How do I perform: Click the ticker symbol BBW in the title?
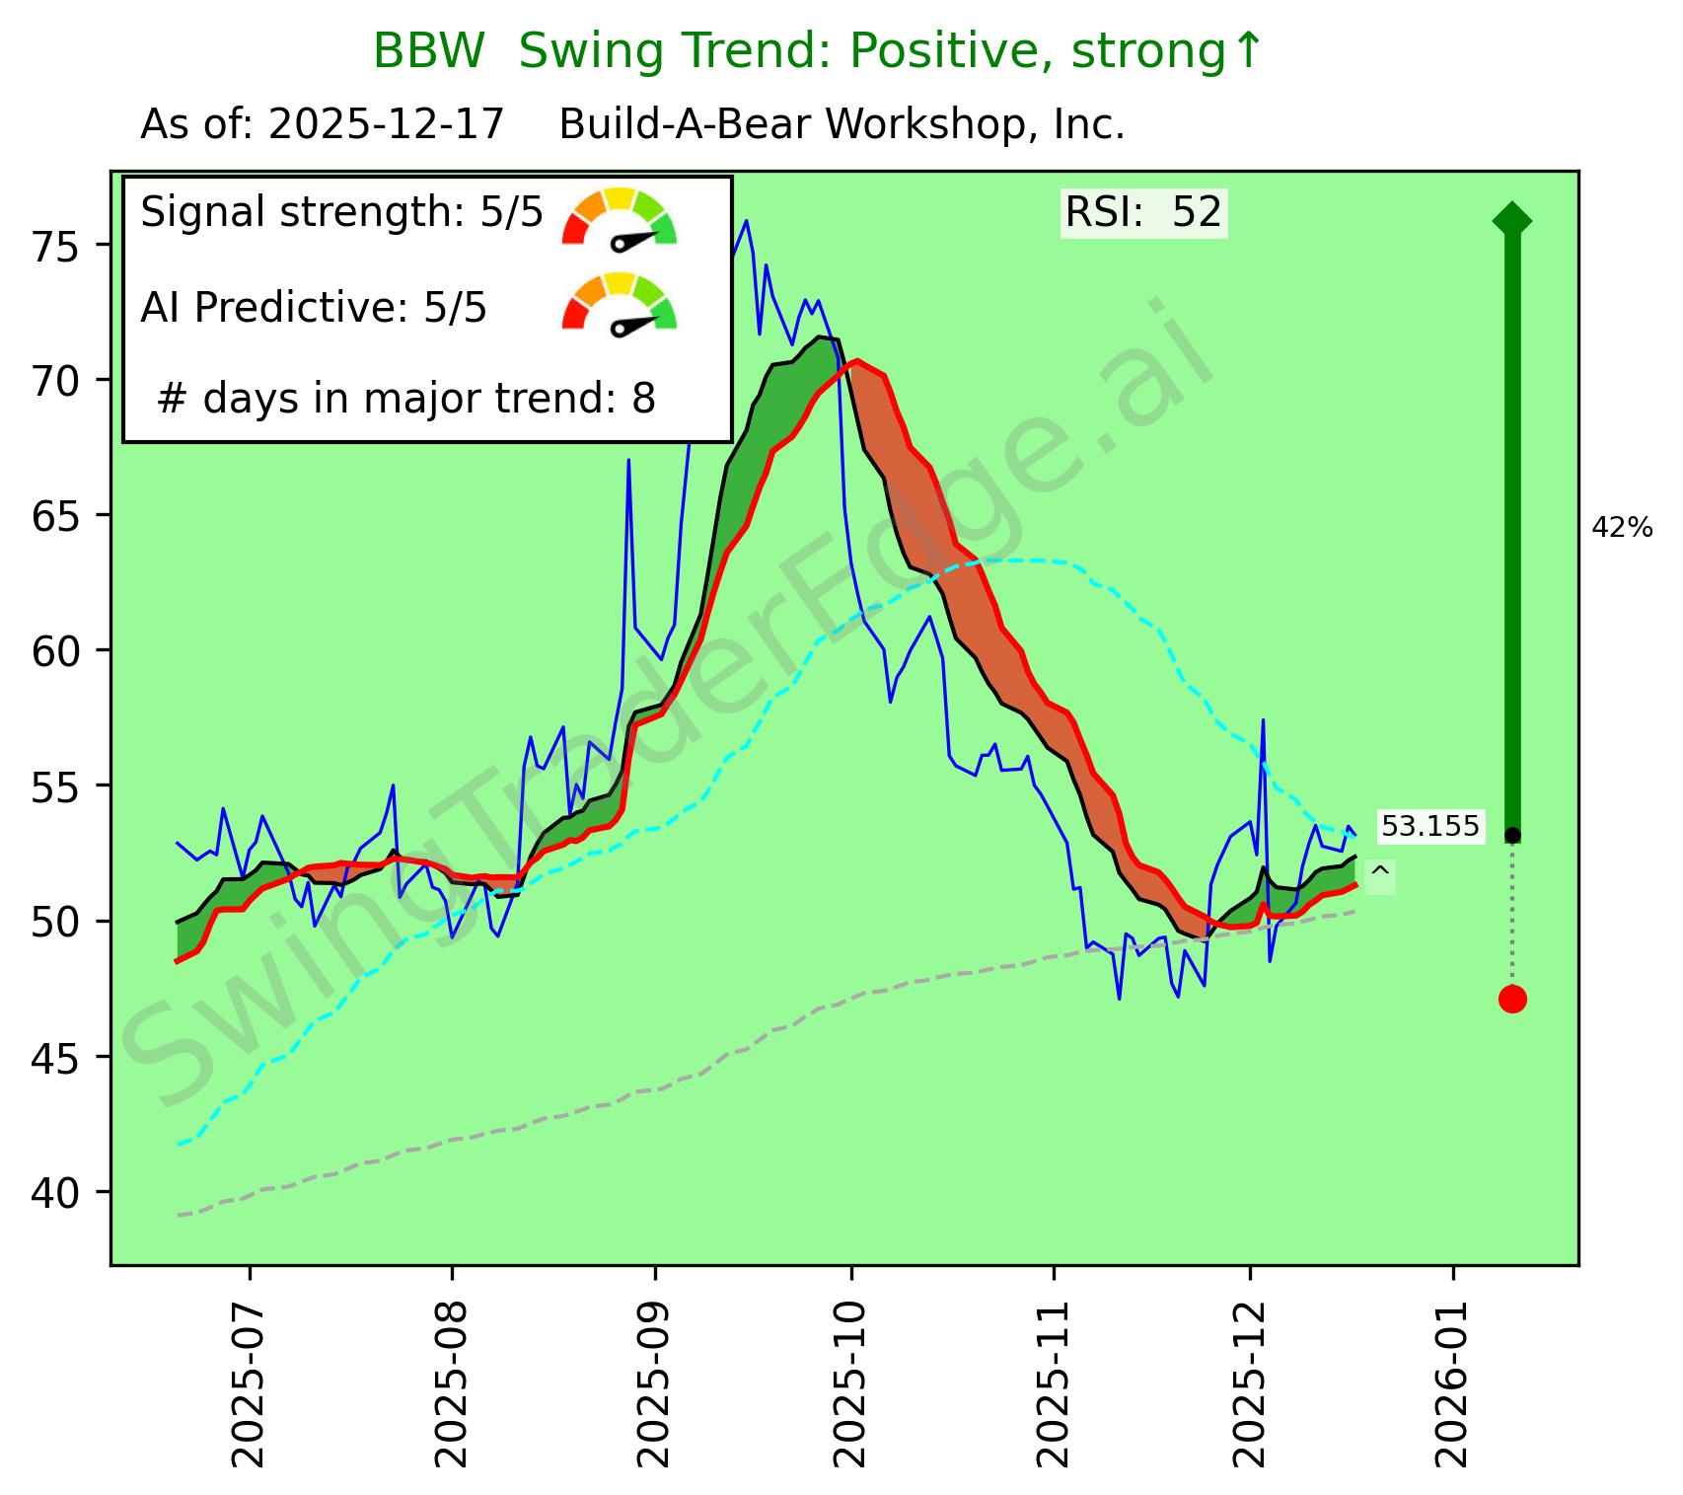pos(429,51)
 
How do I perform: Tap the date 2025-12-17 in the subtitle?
pos(386,125)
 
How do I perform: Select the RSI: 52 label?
pos(1143,212)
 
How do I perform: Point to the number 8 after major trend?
pos(644,399)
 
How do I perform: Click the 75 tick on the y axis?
pos(57,245)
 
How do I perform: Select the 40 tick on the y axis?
pos(57,1192)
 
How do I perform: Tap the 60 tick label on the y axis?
pos(57,650)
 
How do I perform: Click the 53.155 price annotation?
pos(1429,827)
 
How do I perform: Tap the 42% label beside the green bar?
pos(1622,529)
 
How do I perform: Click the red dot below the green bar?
pos(1512,1000)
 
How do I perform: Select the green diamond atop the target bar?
pos(1512,219)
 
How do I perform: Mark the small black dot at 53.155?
pos(1512,836)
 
